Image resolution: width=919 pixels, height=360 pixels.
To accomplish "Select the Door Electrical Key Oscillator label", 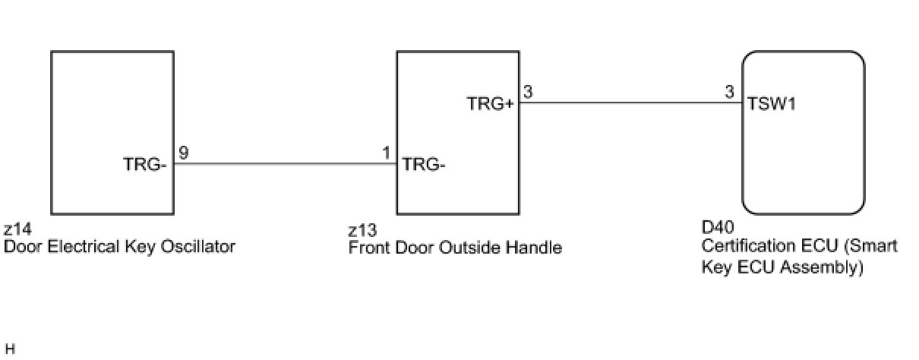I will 119,247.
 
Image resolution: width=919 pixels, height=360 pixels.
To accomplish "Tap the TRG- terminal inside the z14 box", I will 144,163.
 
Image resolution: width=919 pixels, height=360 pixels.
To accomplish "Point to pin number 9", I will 183,153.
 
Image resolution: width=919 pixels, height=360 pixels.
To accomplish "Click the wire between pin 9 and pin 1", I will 285,163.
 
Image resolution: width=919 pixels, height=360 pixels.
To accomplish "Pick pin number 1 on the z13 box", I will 387,153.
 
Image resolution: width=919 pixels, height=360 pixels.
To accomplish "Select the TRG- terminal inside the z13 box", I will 424,163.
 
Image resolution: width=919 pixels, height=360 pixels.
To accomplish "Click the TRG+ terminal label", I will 491,105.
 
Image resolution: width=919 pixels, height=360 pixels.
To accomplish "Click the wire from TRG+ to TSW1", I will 630,104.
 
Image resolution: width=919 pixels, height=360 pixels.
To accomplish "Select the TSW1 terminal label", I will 772,105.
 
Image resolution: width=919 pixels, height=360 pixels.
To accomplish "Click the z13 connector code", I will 362,230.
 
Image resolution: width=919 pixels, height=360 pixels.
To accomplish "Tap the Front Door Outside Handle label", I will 455,248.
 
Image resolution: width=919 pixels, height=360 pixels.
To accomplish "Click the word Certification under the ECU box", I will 748,246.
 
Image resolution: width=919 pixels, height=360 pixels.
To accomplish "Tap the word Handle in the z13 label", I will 537,248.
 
